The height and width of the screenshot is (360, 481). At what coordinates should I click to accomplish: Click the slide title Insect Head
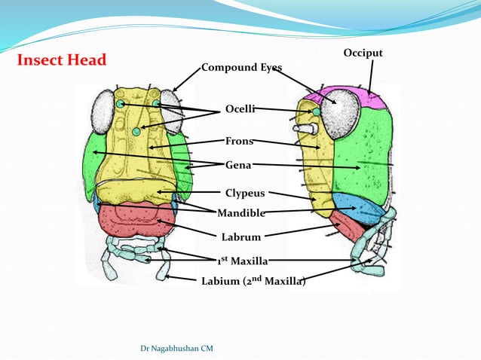point(62,60)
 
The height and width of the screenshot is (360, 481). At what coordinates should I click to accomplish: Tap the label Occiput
point(363,53)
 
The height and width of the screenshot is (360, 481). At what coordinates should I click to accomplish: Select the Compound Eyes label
point(241,68)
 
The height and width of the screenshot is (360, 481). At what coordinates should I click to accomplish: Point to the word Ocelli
point(240,110)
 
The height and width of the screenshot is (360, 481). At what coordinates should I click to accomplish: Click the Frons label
point(239,141)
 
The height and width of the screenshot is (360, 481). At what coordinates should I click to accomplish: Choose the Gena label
point(238,164)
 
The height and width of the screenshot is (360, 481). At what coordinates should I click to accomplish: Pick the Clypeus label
point(245,194)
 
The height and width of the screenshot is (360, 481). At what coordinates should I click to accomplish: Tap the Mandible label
point(241,213)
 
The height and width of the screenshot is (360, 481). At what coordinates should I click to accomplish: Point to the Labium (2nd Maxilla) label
point(253,282)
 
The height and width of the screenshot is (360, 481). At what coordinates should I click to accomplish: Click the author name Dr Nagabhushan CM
point(177,348)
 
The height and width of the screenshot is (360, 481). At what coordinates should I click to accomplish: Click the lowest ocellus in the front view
point(136,132)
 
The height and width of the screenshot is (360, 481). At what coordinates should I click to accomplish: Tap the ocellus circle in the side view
point(317,112)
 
